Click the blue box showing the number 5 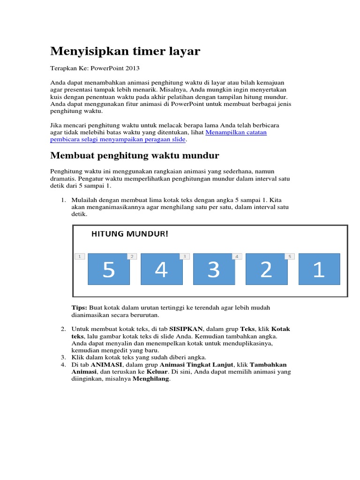click(109, 269)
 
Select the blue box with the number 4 click(161, 269)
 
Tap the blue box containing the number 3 click(214, 269)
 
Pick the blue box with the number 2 click(266, 269)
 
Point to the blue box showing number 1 click(319, 269)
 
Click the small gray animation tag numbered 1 click(80, 256)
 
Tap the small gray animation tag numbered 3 click(185, 256)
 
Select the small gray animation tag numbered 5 click(290, 256)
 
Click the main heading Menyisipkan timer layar click(125, 51)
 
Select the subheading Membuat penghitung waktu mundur click(135, 155)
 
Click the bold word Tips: click(79, 307)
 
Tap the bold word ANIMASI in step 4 click(106, 364)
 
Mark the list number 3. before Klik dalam click(63, 357)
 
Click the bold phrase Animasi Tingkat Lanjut click(196, 364)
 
